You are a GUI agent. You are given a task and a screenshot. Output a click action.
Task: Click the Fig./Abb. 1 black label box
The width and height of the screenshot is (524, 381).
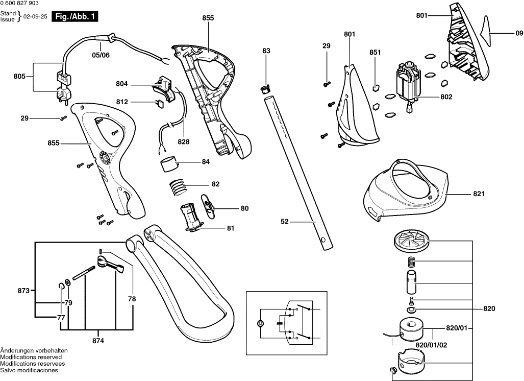76,17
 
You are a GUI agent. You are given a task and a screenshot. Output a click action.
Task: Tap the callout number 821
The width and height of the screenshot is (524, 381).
478,194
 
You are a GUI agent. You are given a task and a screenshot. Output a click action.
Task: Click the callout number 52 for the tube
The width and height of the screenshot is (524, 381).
285,221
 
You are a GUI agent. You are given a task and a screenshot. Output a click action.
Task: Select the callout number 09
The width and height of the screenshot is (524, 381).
519,33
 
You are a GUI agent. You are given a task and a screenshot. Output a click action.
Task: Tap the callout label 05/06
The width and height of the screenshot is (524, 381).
101,55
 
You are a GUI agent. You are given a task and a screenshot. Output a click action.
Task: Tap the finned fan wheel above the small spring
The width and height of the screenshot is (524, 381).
412,241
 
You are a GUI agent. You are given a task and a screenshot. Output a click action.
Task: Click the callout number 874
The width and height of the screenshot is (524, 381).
98,340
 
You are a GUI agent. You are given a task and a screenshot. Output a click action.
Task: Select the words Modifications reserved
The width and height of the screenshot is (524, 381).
29,357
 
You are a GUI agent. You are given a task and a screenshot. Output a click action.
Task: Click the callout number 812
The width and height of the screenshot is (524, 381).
121,102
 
